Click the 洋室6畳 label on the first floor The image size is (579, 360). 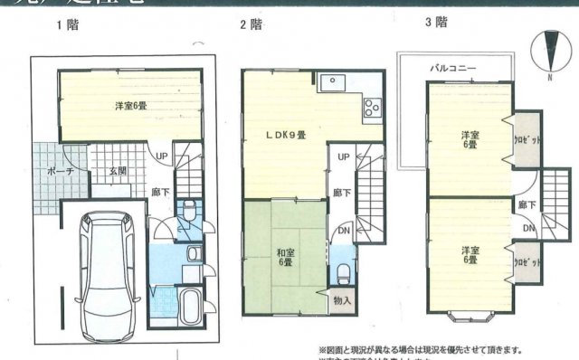131,107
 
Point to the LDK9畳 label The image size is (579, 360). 284,135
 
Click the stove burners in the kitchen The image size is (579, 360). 372,109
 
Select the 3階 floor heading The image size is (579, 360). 436,22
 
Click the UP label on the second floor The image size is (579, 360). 343,156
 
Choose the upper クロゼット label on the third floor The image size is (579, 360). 525,141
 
